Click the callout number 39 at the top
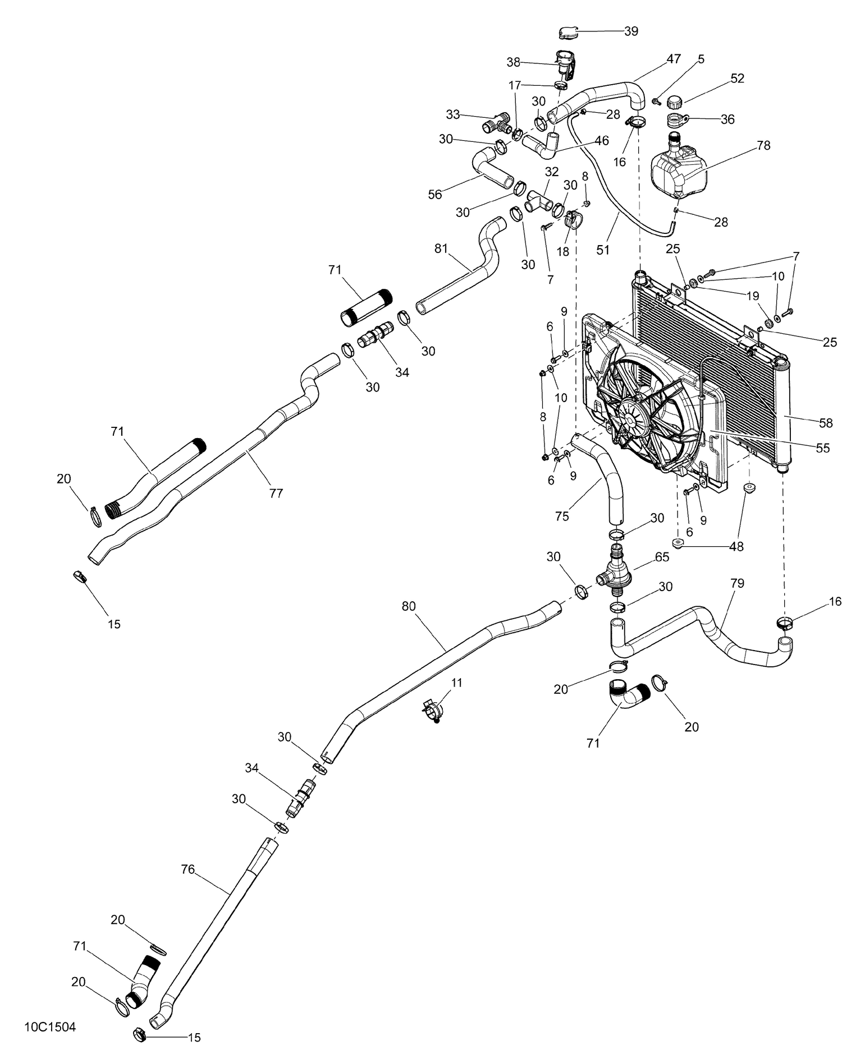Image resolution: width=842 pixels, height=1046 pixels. tap(631, 31)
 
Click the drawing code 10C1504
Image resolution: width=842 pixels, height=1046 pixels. tap(50, 1027)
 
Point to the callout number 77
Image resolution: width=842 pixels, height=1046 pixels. tap(276, 493)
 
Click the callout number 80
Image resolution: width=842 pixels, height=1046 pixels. tap(409, 606)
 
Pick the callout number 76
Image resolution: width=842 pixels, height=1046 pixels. tap(187, 869)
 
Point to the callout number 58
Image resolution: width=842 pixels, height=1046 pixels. tap(826, 423)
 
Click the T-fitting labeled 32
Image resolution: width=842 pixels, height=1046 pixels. tap(539, 201)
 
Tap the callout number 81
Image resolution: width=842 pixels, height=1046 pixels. tap(441, 247)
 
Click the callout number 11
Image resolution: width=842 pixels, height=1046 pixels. tap(457, 683)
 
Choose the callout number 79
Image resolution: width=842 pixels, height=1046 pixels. tap(738, 583)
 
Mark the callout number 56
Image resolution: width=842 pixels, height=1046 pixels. tap(435, 194)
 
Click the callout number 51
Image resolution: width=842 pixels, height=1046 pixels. tap(603, 250)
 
